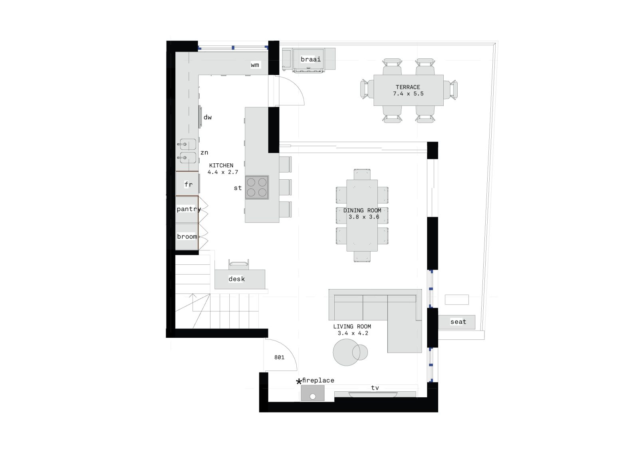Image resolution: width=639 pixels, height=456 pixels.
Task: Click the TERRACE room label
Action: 408,87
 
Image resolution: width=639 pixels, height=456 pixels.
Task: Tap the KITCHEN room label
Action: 221,165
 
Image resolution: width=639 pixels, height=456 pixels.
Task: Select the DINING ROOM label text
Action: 362,210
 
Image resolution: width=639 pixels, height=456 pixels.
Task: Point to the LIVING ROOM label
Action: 352,327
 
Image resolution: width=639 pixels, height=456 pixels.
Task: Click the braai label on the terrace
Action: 311,59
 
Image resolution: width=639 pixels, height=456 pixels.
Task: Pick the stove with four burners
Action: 257,187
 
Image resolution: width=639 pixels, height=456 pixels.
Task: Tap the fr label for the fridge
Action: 188,184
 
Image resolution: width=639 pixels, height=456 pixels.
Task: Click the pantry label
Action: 189,209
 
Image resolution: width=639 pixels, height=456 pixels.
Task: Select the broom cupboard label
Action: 187,236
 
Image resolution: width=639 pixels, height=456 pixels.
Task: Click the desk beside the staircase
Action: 240,279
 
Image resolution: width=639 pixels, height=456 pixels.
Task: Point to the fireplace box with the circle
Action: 313,393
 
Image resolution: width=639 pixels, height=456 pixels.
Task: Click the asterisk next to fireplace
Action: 299,382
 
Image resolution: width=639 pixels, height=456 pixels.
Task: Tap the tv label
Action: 375,388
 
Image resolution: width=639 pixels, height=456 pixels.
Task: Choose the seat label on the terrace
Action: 458,322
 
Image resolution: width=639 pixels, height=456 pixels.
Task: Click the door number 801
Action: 279,357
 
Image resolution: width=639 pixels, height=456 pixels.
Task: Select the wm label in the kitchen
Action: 255,65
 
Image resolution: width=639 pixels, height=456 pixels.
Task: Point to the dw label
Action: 208,117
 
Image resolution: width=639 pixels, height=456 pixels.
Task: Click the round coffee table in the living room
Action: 346,352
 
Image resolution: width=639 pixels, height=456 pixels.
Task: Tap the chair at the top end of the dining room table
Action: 362,174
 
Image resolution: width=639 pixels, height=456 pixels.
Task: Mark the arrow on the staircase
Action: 193,302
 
